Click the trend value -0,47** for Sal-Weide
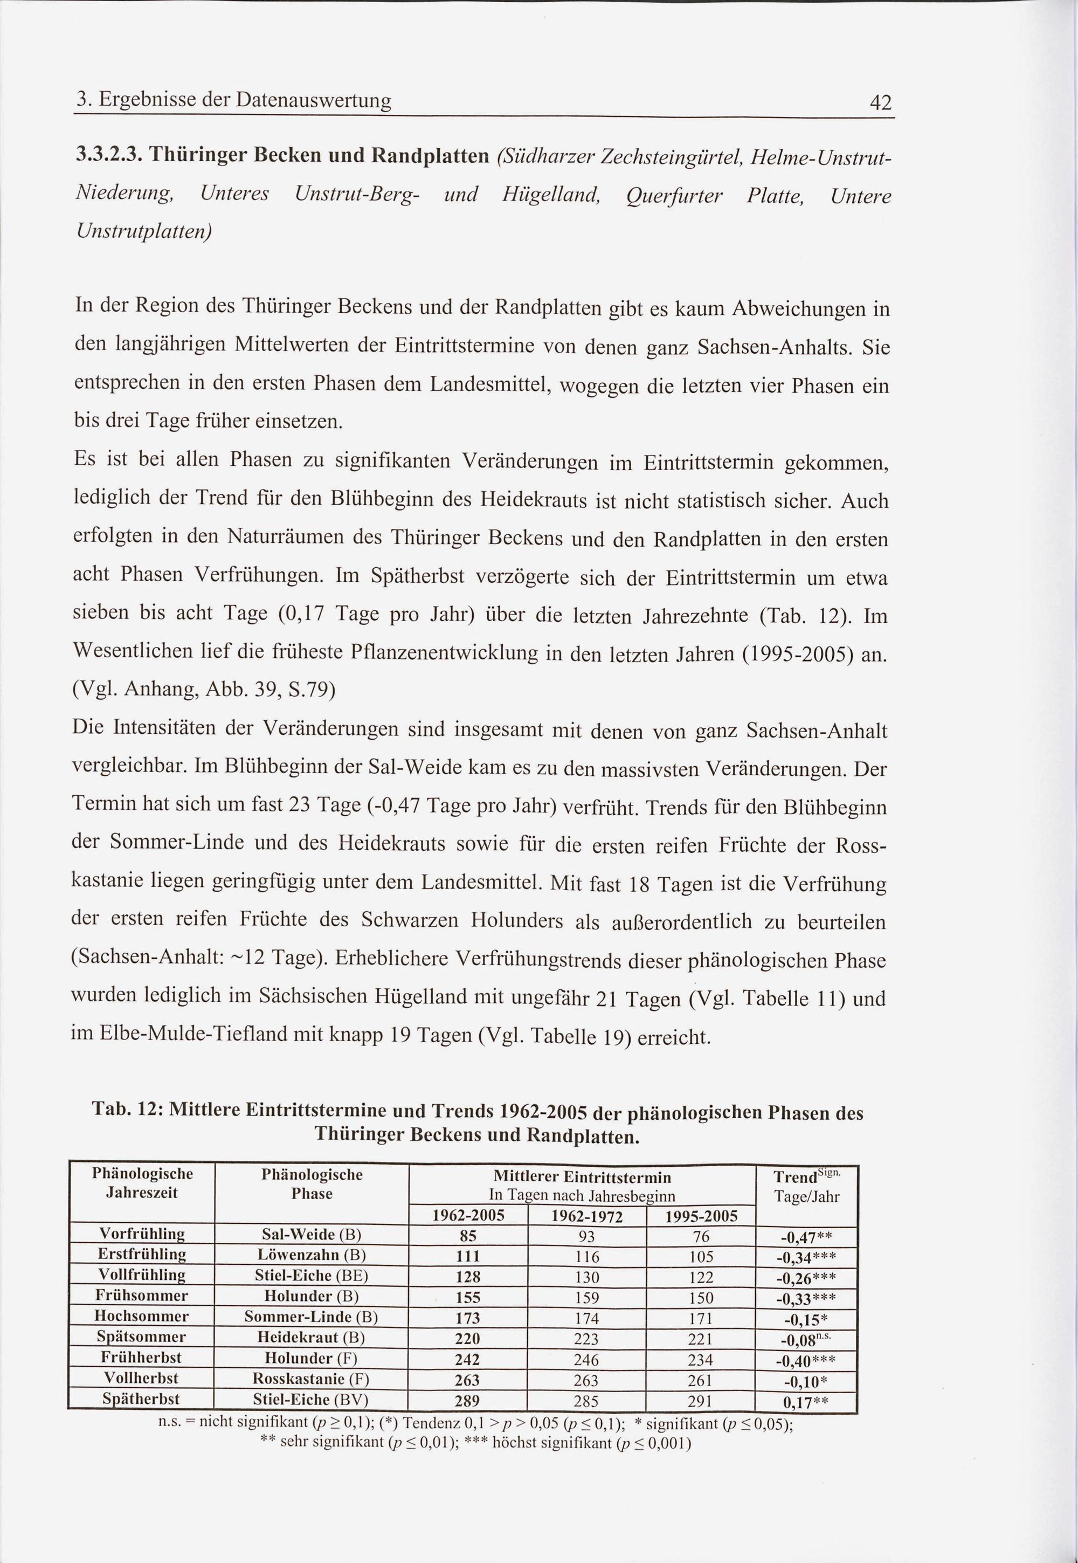pos(805,1237)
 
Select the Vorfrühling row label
pos(142,1234)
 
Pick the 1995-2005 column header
pos(701,1217)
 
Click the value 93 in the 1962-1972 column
pos(586,1237)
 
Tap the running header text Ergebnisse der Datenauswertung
pos(245,101)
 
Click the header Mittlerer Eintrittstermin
pos(582,1178)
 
